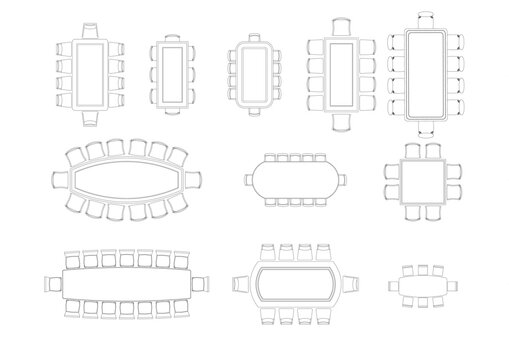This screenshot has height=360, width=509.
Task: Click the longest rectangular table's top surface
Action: click(128, 281)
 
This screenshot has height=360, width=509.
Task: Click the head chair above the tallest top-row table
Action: click(425, 17)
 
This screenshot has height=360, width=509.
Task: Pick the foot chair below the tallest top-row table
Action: click(425, 126)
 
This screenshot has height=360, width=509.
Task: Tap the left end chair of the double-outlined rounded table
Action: click(241, 282)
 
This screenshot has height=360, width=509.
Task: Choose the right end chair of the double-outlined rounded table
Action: click(353, 282)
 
